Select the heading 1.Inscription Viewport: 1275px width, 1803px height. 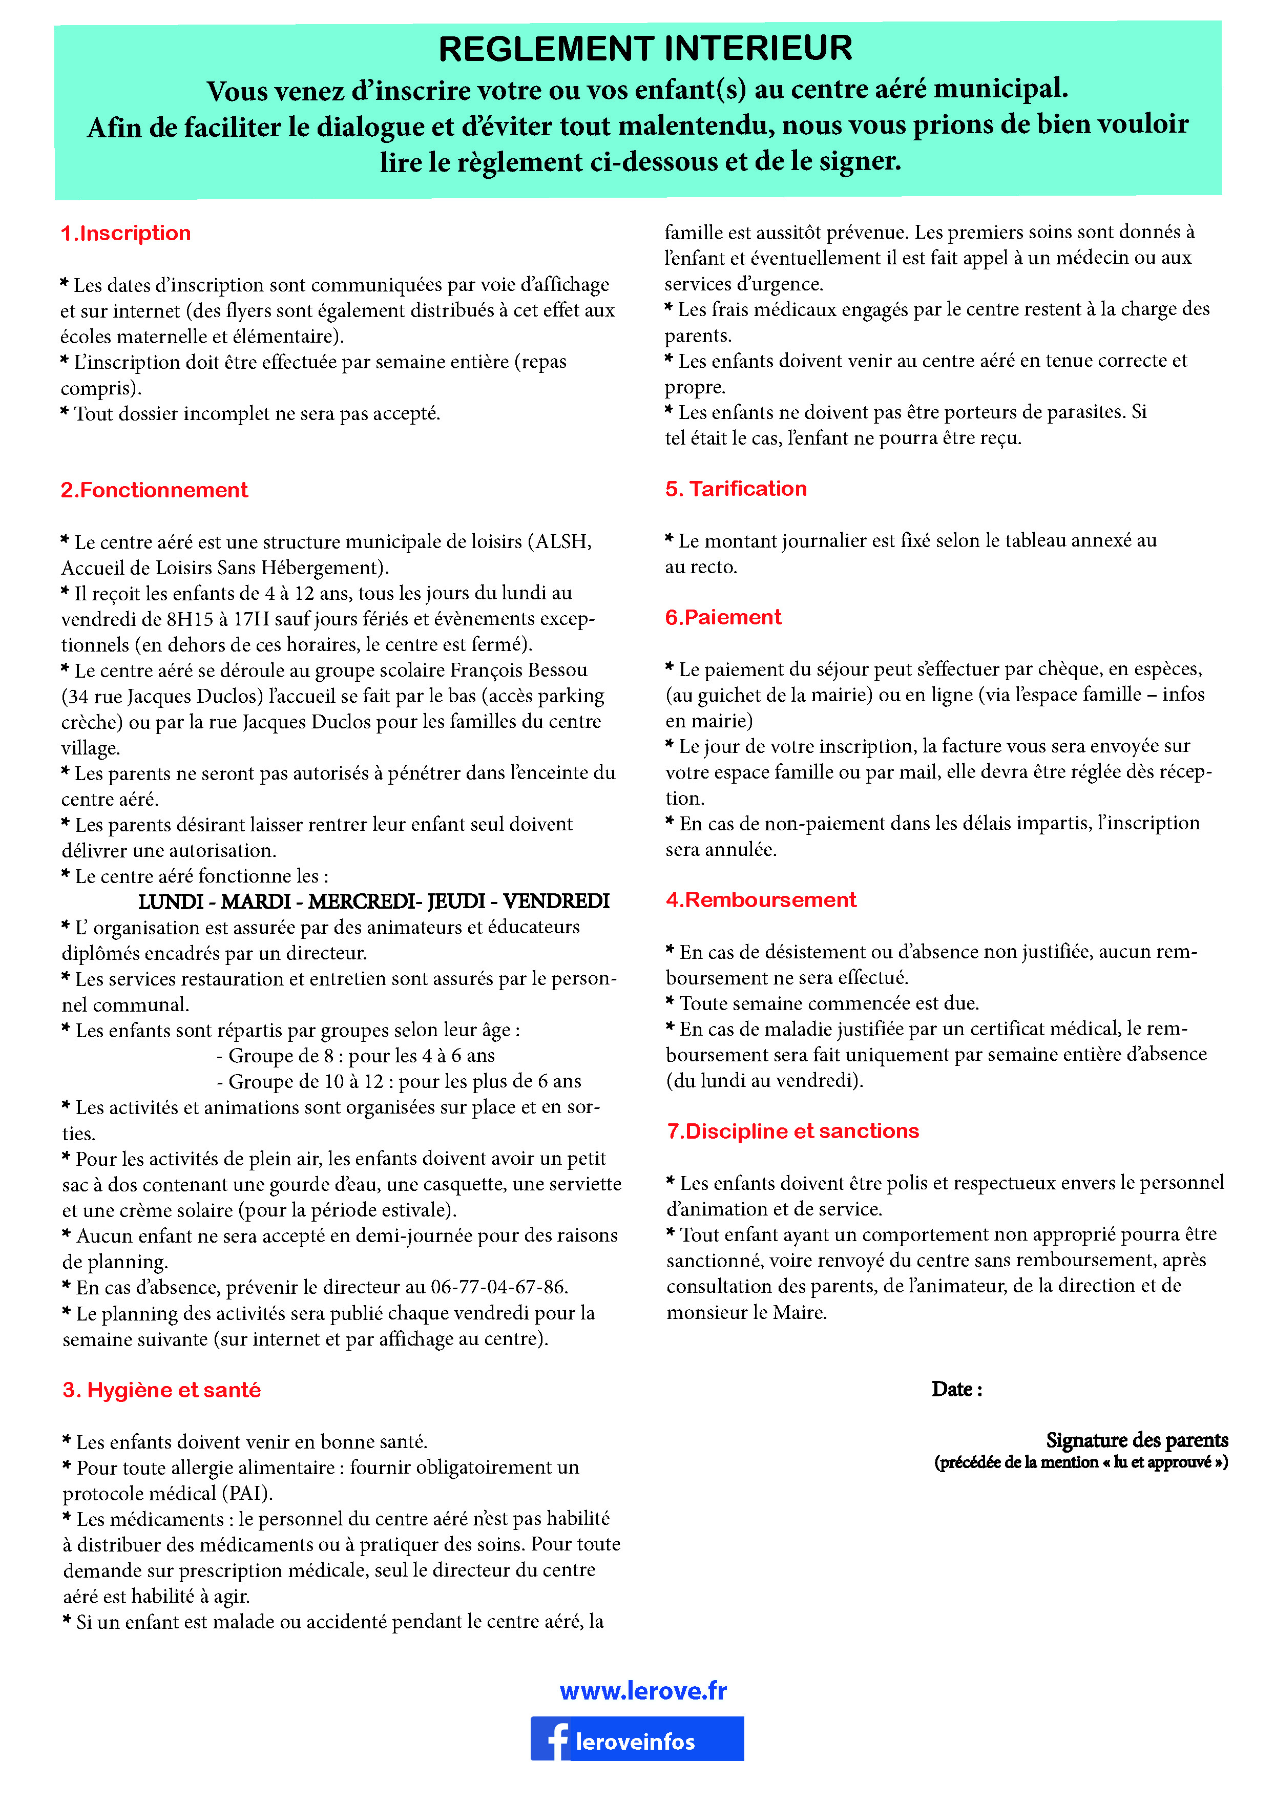click(126, 233)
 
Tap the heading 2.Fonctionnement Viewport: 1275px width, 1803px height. click(155, 490)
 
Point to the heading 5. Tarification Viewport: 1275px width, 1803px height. click(736, 489)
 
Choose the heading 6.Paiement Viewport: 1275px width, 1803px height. click(723, 617)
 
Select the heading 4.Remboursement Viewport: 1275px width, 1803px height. click(761, 900)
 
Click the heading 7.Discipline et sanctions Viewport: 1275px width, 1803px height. click(793, 1131)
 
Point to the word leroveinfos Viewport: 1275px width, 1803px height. click(635, 1742)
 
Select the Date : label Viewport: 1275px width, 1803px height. click(956, 1389)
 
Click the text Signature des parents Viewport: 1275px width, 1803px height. click(1136, 1440)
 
